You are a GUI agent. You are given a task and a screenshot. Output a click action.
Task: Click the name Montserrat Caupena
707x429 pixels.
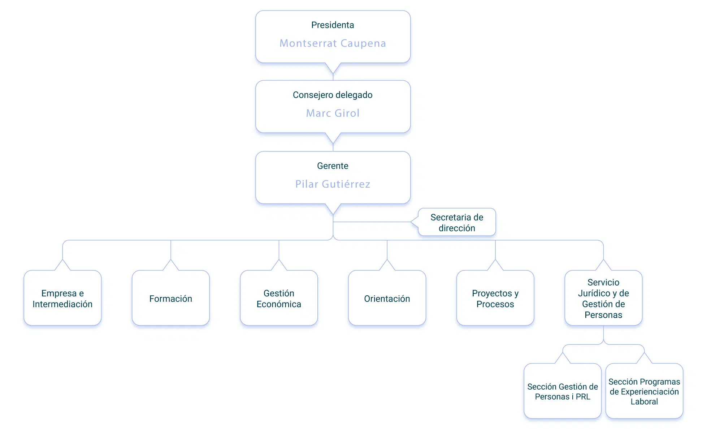[333, 43]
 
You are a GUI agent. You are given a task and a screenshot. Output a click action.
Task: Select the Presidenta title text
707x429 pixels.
[333, 25]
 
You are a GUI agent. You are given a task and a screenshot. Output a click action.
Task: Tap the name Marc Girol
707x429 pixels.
[333, 113]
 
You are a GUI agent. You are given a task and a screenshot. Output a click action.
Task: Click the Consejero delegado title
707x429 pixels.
[333, 95]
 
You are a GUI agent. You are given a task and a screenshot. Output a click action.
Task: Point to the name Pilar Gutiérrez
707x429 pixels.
[333, 184]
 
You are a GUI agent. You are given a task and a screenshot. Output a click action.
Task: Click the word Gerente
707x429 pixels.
[333, 166]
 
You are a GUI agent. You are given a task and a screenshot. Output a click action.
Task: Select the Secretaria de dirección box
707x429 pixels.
[457, 222]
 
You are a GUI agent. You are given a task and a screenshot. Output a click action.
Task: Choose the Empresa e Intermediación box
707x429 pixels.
[62, 298]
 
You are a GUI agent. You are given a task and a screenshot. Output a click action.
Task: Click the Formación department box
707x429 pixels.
[171, 298]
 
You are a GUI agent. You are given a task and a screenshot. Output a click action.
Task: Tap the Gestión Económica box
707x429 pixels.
[279, 298]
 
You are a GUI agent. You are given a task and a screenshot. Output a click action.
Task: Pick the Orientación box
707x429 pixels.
[387, 298]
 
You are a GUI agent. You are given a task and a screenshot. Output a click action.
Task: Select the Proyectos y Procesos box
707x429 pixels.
[495, 298]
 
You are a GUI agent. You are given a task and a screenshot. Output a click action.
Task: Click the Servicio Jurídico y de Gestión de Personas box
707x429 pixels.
[603, 298]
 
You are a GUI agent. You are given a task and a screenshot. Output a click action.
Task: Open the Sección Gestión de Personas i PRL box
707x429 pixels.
[563, 391]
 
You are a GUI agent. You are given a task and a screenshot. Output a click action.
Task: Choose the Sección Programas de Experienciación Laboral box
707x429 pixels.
[644, 391]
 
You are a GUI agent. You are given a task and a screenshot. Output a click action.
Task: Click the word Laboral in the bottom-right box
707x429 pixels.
[644, 402]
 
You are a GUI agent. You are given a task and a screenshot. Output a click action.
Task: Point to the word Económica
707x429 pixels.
[279, 304]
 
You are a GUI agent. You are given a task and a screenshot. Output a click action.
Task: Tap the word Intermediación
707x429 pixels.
[62, 304]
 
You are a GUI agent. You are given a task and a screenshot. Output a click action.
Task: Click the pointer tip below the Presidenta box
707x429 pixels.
[333, 74]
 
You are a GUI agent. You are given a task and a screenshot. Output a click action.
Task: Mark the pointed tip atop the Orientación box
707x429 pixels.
[387, 259]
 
